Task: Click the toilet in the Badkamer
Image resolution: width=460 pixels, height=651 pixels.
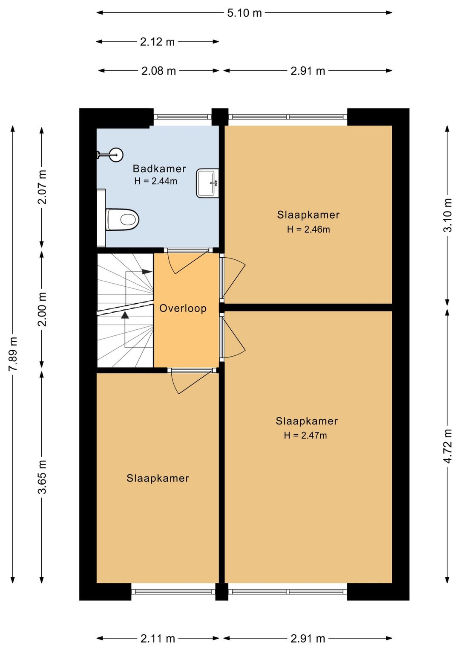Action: pos(122,219)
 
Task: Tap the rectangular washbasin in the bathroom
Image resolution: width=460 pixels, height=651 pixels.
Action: pos(207,183)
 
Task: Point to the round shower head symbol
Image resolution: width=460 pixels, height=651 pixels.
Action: pos(116,154)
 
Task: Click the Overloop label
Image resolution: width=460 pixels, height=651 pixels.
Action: pos(183,308)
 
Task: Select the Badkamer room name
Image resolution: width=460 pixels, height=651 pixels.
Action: pos(159,169)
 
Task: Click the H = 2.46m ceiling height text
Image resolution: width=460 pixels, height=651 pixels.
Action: pos(308,230)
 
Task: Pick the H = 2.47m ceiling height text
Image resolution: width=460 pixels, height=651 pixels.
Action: pos(305,436)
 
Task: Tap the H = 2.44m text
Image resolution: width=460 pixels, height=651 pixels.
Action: pos(155,181)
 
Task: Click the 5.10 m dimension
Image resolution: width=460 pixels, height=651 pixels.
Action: pos(244,13)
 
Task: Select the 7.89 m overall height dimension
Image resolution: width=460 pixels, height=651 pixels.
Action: pos(13,354)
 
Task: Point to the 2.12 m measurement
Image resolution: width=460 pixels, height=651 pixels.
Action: pos(157,42)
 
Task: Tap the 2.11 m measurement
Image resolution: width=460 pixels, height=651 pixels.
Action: pos(158,639)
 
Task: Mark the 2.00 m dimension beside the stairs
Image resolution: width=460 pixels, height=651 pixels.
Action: pos(42,309)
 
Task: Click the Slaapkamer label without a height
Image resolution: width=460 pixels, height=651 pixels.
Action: pos(158,478)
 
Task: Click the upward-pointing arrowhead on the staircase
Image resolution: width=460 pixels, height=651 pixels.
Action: pos(125,315)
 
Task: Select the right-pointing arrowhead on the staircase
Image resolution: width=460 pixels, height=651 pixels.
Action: pos(147,272)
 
